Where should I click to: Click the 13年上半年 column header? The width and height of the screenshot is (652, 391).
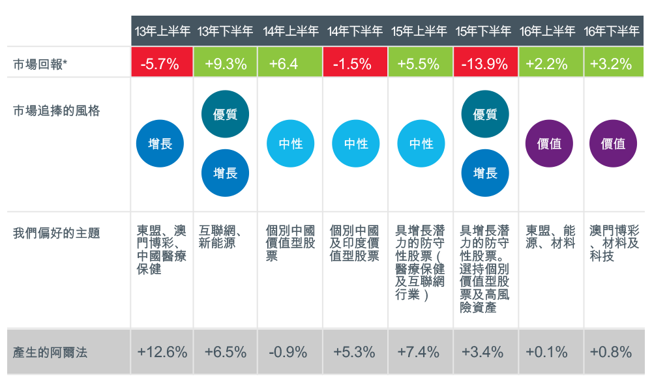tap(162, 31)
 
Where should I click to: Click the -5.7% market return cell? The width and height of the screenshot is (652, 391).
tap(162, 64)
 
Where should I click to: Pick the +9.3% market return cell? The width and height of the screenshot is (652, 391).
tap(226, 64)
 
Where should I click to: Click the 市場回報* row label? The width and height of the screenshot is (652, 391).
tap(40, 64)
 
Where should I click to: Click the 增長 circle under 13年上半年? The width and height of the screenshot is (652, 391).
tap(160, 144)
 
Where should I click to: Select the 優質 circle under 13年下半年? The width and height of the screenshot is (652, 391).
tap(225, 115)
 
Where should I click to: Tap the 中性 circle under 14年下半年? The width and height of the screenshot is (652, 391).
tap(356, 144)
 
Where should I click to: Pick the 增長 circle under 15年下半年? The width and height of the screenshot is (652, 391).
tap(485, 173)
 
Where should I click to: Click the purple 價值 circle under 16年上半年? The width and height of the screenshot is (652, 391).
tap(549, 144)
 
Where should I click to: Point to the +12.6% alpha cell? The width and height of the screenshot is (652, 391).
tap(162, 353)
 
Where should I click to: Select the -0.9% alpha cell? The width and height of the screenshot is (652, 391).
tap(290, 353)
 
